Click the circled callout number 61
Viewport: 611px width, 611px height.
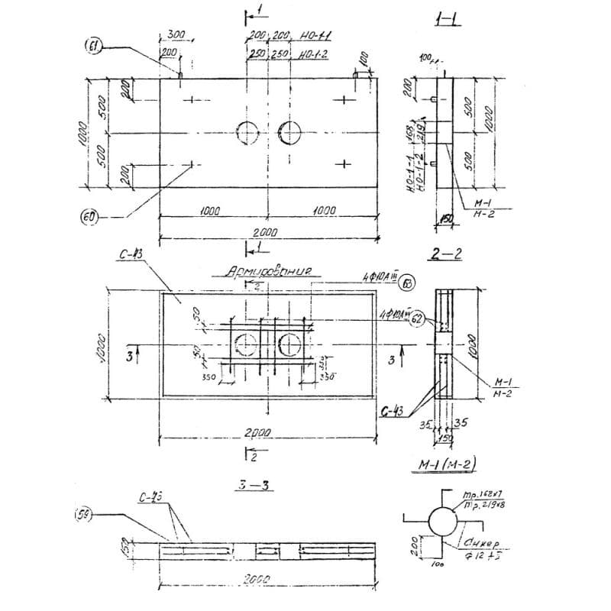(x=92, y=48)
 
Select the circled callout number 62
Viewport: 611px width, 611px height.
(x=417, y=320)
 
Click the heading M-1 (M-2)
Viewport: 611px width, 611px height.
(x=443, y=465)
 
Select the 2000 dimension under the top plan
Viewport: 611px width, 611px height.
(x=266, y=232)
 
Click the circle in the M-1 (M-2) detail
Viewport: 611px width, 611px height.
(x=441, y=522)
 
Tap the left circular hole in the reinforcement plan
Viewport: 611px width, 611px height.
(x=247, y=344)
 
